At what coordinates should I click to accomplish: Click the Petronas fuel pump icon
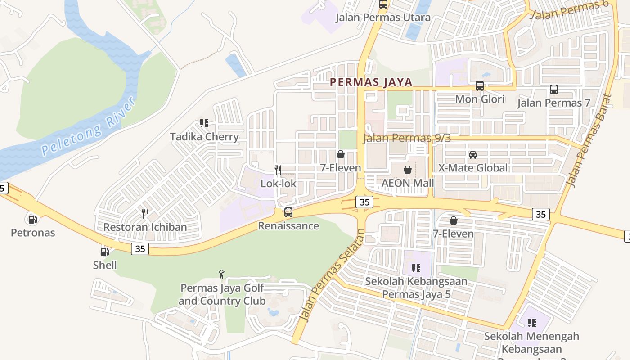click(x=32, y=220)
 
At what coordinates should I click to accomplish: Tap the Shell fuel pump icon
click(x=104, y=252)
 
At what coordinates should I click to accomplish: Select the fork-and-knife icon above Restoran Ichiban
click(x=145, y=213)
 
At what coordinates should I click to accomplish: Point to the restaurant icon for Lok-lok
click(x=278, y=170)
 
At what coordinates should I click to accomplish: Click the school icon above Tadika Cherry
click(x=204, y=123)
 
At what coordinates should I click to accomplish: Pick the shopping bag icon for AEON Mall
click(x=408, y=170)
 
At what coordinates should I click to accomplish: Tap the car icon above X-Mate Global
click(x=473, y=155)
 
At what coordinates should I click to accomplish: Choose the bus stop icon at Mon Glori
click(x=480, y=86)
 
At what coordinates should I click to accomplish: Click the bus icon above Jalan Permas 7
click(x=554, y=90)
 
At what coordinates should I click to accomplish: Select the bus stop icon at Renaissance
click(x=288, y=212)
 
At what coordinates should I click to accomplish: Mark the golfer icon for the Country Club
click(x=221, y=274)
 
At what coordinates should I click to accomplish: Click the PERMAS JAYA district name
click(x=371, y=82)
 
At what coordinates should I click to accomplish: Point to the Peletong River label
click(x=89, y=127)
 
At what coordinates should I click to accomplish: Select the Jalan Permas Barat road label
click(x=589, y=140)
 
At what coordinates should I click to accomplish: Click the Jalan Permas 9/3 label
click(x=407, y=138)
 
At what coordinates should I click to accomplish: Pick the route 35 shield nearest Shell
click(x=140, y=248)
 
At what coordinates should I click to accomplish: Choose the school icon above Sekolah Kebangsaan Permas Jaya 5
click(x=416, y=269)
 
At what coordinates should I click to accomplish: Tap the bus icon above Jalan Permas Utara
click(x=383, y=4)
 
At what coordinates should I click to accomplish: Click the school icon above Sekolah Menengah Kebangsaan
click(x=532, y=323)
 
